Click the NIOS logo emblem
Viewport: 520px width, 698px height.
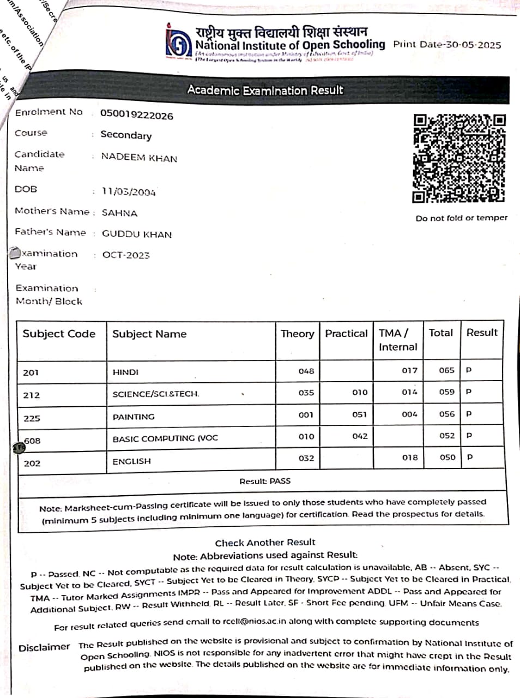(x=179, y=41)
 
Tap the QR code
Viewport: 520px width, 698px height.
(x=459, y=158)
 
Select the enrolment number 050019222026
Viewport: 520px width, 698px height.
(x=137, y=115)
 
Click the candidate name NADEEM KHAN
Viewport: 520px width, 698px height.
(x=139, y=158)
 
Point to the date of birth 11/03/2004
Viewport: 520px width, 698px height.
(x=129, y=192)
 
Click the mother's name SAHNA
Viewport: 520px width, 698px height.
(x=120, y=213)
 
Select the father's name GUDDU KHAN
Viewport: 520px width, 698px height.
(x=137, y=234)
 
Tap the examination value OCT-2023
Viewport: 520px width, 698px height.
(x=126, y=255)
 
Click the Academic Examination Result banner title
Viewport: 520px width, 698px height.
(x=265, y=90)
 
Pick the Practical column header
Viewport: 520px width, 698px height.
(x=346, y=334)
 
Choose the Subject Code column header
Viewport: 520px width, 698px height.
(x=59, y=334)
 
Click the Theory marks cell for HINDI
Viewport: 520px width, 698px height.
(x=306, y=371)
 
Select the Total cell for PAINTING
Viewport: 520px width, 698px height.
(x=447, y=414)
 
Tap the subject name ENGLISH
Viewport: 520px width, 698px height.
(x=132, y=461)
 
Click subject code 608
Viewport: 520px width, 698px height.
(x=32, y=441)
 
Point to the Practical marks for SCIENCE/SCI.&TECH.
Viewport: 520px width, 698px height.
(x=360, y=392)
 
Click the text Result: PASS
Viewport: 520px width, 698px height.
(x=265, y=481)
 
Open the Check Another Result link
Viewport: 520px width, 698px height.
(x=265, y=543)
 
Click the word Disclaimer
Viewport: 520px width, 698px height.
(x=44, y=647)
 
